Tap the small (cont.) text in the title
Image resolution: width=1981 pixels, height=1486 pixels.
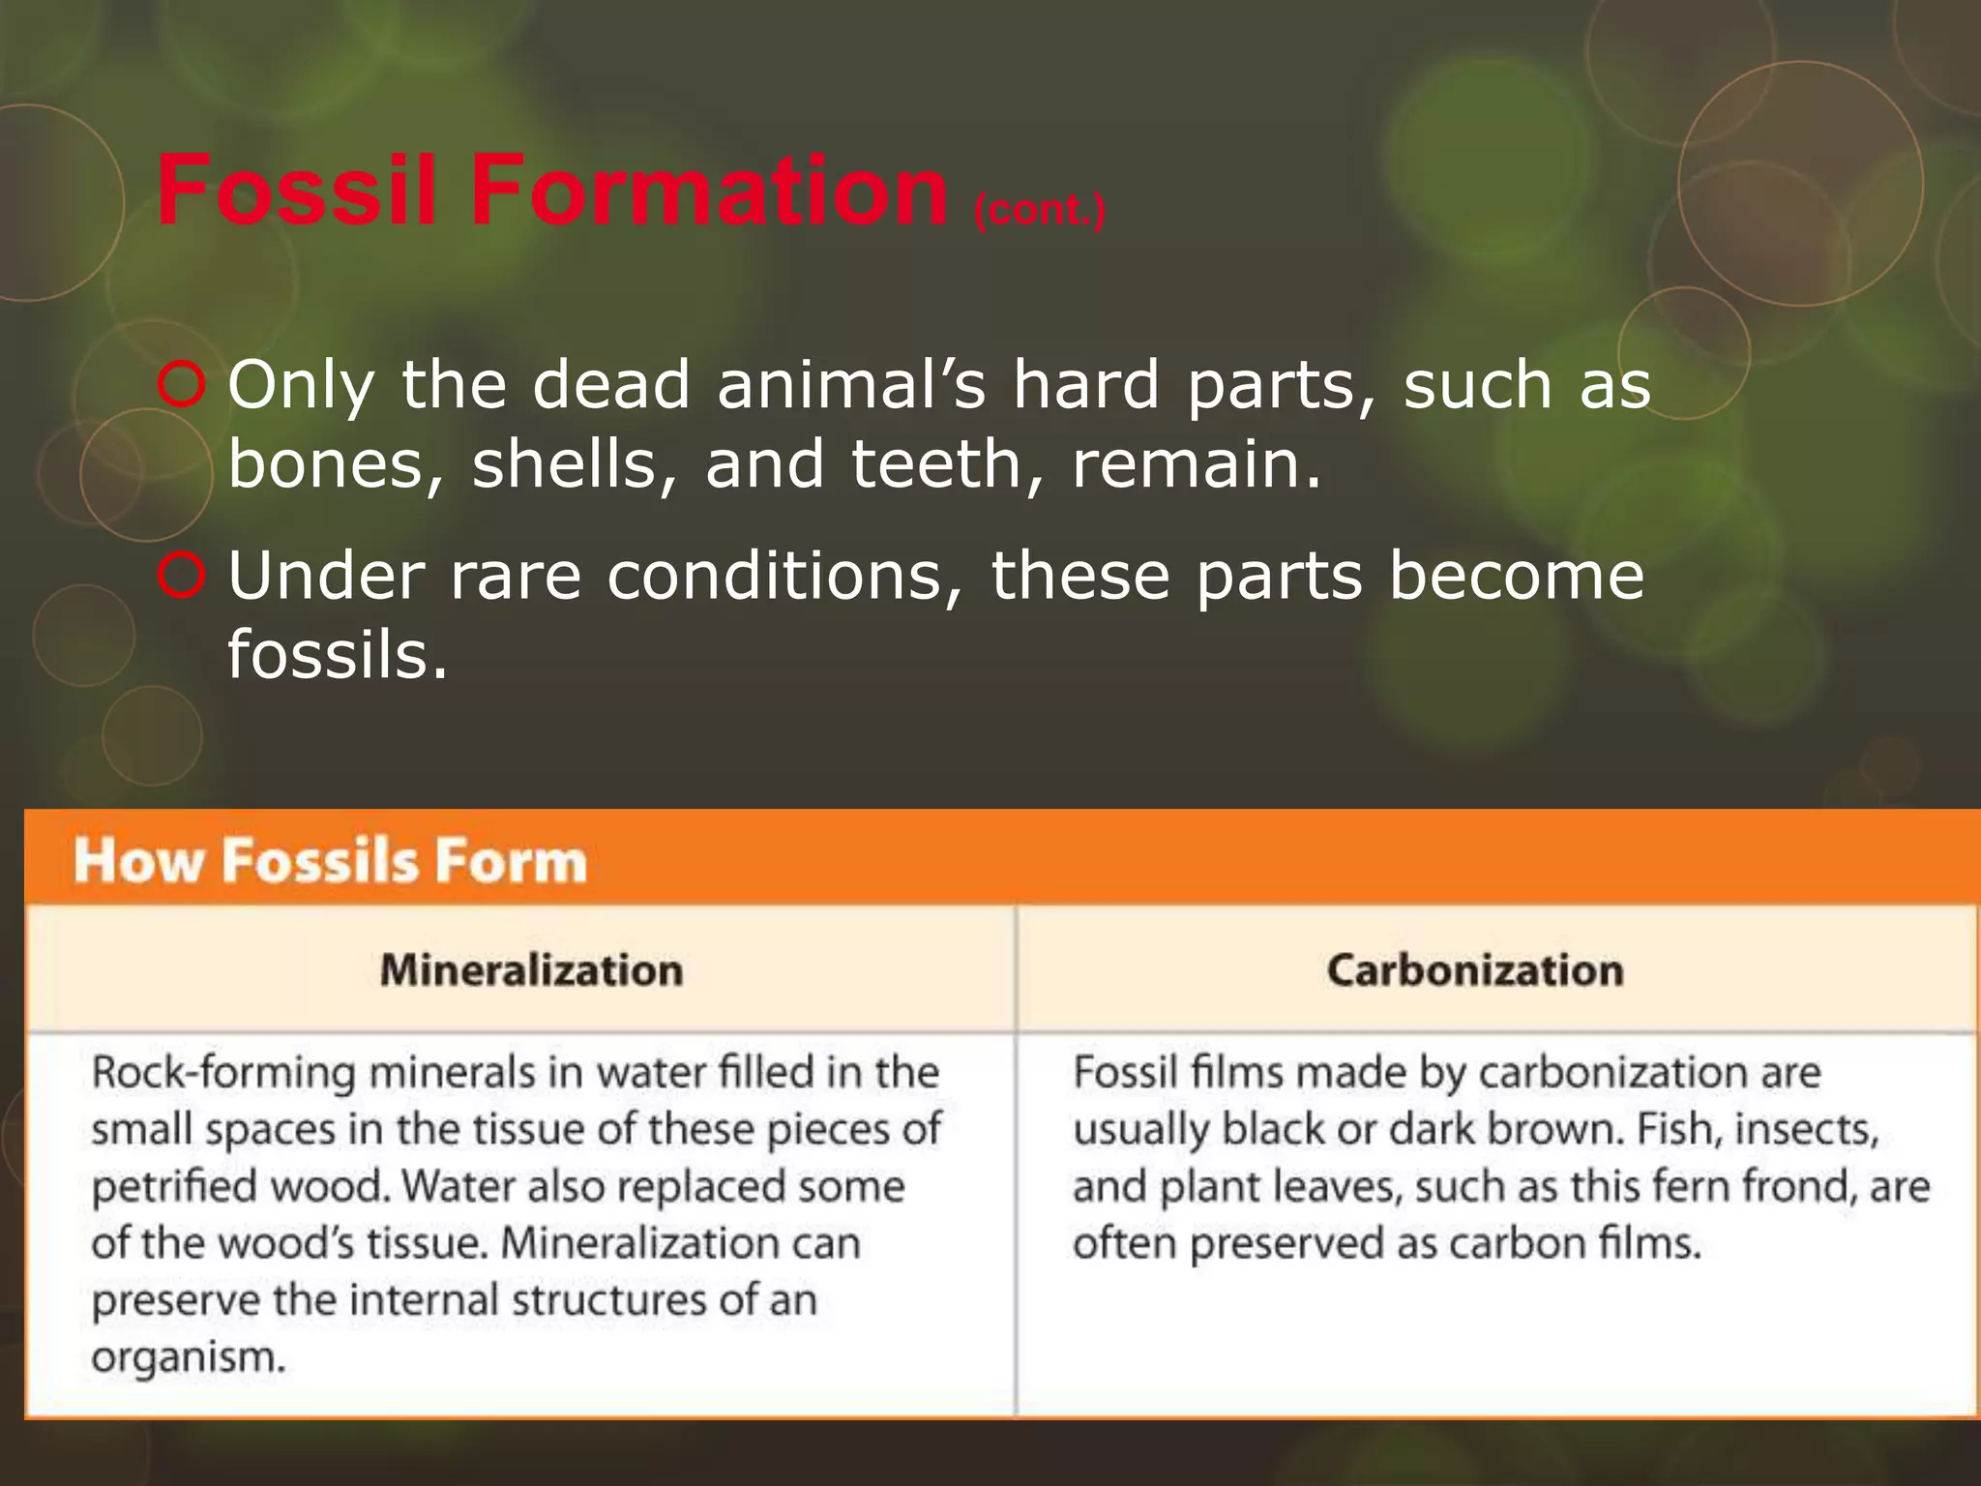click(x=1039, y=210)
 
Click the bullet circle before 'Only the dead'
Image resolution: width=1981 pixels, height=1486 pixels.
click(x=181, y=385)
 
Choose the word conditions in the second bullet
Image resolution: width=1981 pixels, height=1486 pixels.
click(x=785, y=577)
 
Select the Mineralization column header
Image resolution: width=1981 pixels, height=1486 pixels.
click(x=531, y=970)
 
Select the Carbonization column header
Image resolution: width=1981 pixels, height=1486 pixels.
click(x=1475, y=970)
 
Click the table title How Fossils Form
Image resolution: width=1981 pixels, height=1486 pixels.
click(x=331, y=861)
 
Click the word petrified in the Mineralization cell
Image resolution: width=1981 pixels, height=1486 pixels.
click(x=174, y=1188)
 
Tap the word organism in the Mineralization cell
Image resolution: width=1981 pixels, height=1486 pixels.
click(x=189, y=1358)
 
